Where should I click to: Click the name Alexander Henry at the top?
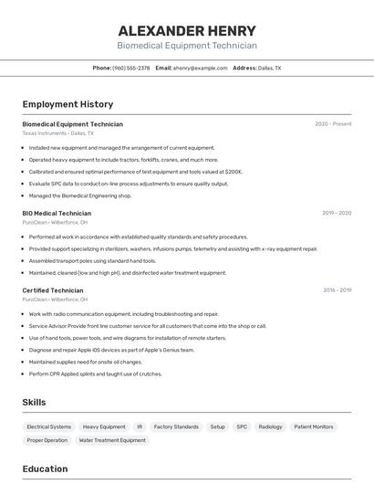coord(187,31)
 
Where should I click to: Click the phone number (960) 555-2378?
coord(130,68)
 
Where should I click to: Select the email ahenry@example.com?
coord(201,68)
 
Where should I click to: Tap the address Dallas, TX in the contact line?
coord(269,68)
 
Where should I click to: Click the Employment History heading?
coord(68,104)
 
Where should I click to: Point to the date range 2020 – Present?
coord(333,124)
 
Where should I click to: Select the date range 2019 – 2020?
coord(337,213)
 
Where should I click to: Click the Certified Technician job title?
coord(53,290)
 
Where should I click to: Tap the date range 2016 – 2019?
coord(337,290)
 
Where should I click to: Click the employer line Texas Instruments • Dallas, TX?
coord(58,133)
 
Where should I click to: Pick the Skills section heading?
coord(35,402)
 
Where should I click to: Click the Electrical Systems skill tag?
coord(48,426)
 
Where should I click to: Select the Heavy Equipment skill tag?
coord(104,426)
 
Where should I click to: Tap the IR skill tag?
coord(140,426)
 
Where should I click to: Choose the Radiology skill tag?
coord(271,426)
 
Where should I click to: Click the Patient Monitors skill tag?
coord(314,426)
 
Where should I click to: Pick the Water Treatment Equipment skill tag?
coord(112,440)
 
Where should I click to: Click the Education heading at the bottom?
coord(45,469)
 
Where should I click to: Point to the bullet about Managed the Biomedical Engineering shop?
coord(80,195)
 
